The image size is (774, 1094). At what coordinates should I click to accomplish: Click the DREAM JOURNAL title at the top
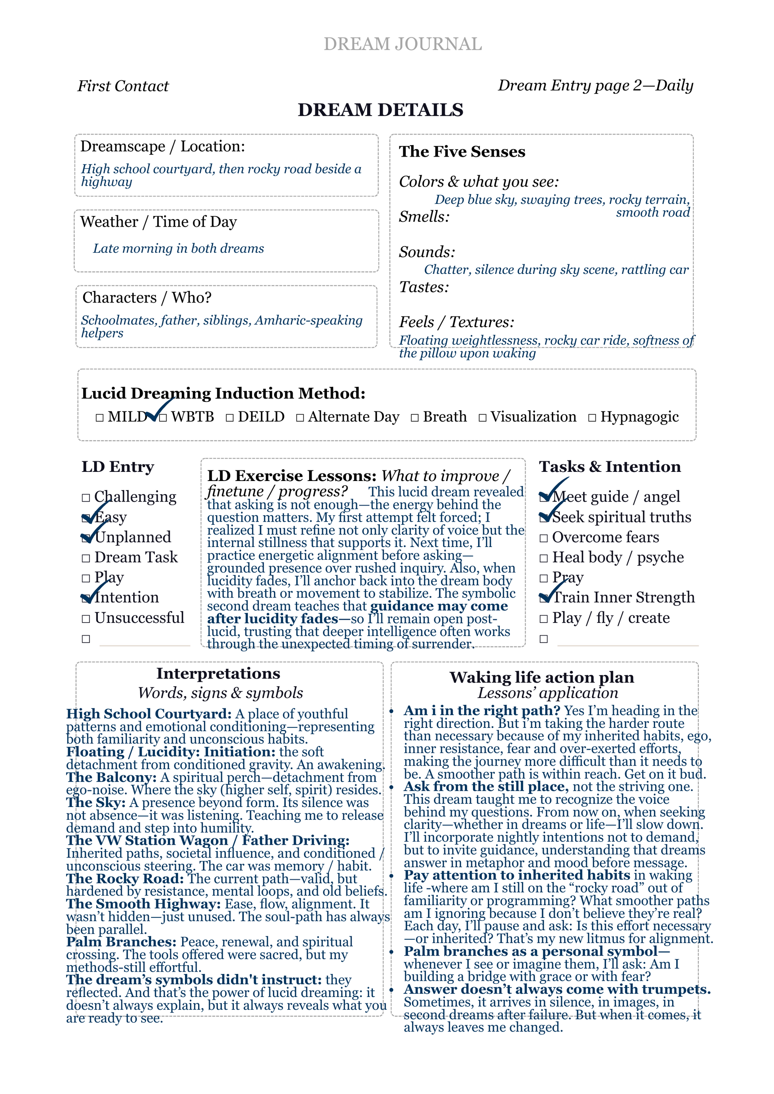[x=403, y=44]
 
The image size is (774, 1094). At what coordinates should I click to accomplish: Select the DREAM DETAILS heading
[x=380, y=110]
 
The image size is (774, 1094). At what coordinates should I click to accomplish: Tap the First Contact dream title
[x=123, y=86]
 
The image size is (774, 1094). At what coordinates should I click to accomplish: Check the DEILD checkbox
[x=230, y=418]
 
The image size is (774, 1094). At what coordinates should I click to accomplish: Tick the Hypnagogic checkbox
[x=592, y=418]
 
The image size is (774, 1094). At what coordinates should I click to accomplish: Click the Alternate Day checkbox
[x=300, y=418]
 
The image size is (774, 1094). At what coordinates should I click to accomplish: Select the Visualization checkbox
[x=483, y=418]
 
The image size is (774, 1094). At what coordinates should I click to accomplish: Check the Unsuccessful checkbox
[x=86, y=619]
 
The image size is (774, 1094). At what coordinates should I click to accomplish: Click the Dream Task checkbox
[x=86, y=559]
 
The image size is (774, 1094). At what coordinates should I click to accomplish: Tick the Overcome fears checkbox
[x=544, y=538]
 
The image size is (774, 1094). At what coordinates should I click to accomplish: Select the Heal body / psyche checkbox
[x=544, y=559]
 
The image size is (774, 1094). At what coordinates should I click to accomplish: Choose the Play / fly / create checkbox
[x=544, y=619]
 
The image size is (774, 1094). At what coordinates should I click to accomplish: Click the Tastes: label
[x=424, y=287]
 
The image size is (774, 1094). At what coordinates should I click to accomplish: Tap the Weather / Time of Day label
[x=158, y=222]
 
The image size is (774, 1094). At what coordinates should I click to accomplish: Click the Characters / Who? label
[x=147, y=298]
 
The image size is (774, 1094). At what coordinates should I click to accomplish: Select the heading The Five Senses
[x=462, y=151]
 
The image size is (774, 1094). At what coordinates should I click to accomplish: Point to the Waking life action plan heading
[x=541, y=677]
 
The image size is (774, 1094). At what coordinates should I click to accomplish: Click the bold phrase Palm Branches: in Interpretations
[x=121, y=942]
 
